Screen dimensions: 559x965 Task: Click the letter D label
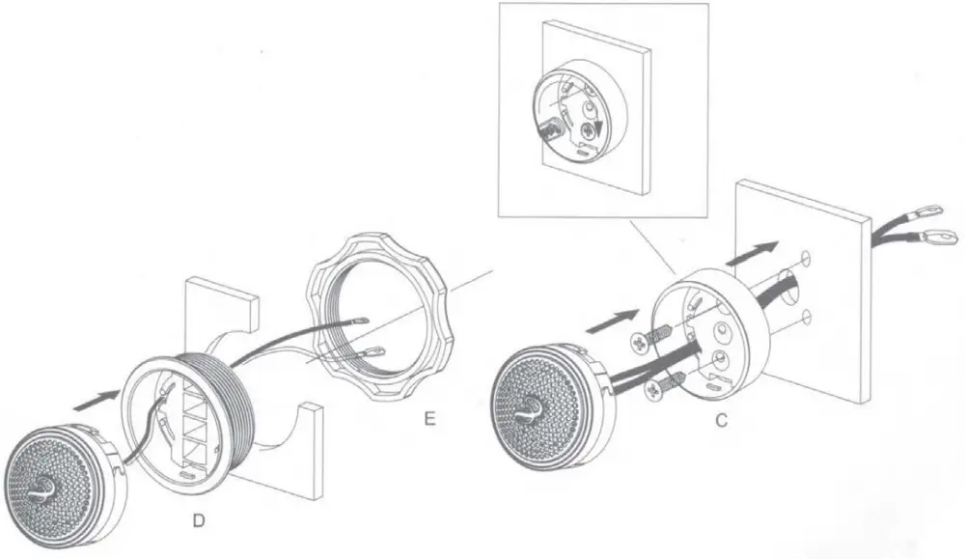tap(198, 522)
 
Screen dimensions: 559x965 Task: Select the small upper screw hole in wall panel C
tap(805, 256)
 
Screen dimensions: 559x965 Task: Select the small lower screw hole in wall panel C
tap(804, 315)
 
